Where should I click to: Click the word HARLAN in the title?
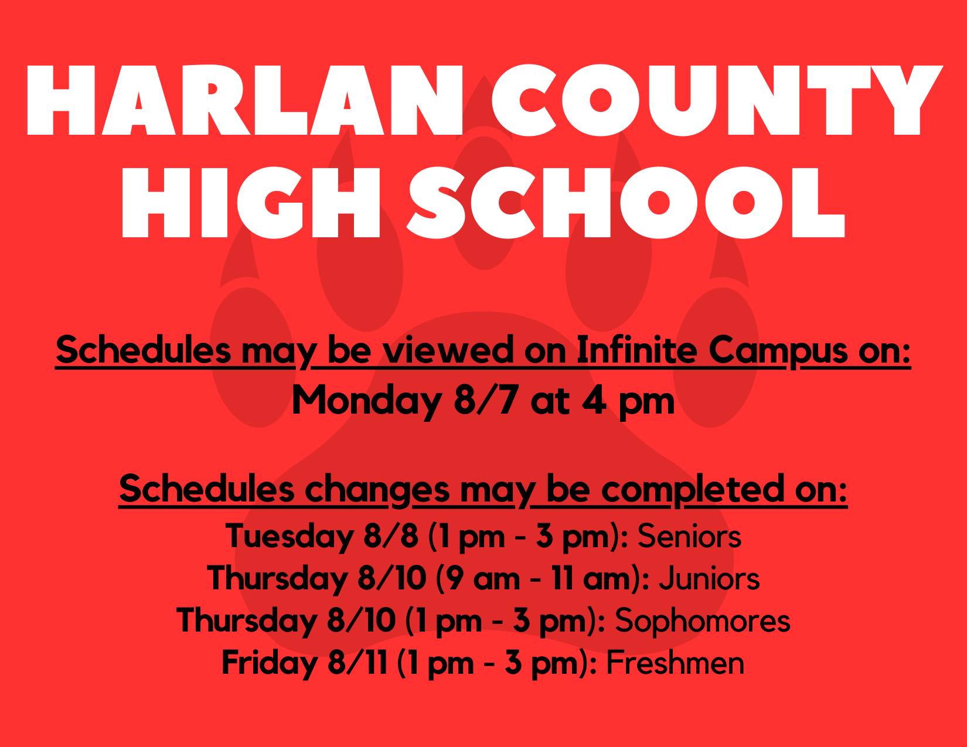pyautogui.click(x=245, y=100)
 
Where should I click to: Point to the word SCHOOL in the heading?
pyautogui.click(x=626, y=203)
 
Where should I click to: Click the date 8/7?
pyautogui.click(x=486, y=400)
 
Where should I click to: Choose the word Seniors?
pyautogui.click(x=689, y=536)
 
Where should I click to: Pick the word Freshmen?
pyautogui.click(x=675, y=663)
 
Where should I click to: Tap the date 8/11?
pyautogui.click(x=357, y=663)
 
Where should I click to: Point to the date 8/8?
pyautogui.click(x=391, y=536)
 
